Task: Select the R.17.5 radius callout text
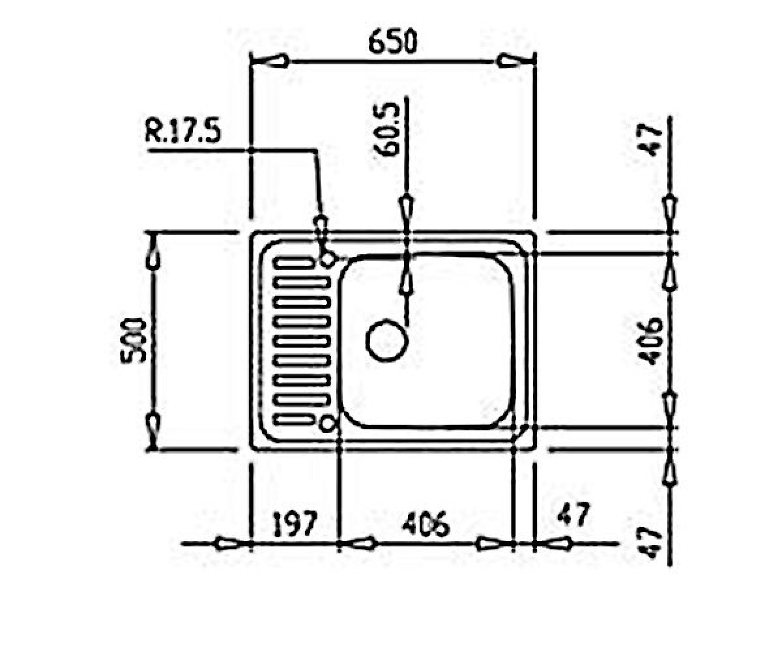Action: tap(182, 132)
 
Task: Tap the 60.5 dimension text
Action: tap(387, 130)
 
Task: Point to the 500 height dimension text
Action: tap(134, 341)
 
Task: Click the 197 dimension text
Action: tap(295, 523)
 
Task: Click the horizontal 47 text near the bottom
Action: tap(573, 514)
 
